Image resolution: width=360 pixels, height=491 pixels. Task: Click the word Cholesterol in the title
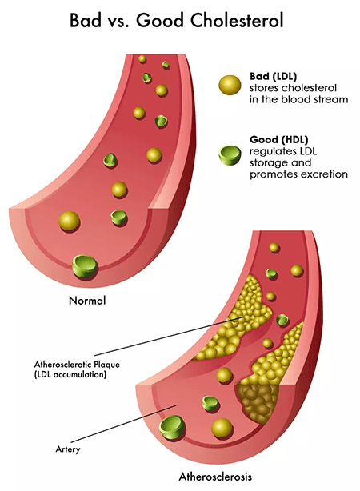click(x=237, y=20)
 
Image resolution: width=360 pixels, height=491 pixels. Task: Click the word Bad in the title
click(x=86, y=20)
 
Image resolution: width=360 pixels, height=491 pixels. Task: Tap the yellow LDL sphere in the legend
click(x=230, y=85)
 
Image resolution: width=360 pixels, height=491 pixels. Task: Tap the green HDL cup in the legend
click(x=230, y=154)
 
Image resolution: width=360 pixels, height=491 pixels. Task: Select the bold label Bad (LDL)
click(x=273, y=76)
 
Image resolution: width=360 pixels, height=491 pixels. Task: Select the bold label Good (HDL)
click(x=279, y=139)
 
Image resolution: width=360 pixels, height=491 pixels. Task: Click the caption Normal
click(x=87, y=301)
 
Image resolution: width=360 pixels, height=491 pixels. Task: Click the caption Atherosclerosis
click(x=215, y=477)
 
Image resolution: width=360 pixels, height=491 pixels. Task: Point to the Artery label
click(x=68, y=449)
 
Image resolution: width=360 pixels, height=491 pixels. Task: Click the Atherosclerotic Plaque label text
click(x=77, y=365)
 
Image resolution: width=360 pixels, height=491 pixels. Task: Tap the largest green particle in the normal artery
click(x=85, y=267)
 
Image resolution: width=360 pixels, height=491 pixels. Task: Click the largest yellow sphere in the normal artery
click(x=70, y=222)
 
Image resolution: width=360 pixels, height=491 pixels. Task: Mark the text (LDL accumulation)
click(x=70, y=374)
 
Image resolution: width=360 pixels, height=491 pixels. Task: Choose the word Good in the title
click(x=160, y=20)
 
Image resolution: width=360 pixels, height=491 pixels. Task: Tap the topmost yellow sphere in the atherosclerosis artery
click(x=274, y=247)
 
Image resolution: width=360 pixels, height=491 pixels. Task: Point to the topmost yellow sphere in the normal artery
click(x=142, y=59)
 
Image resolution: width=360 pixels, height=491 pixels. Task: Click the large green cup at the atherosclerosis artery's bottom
click(x=172, y=427)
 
